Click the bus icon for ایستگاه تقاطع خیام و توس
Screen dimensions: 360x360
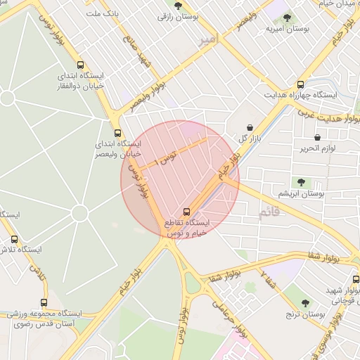pos(186,211)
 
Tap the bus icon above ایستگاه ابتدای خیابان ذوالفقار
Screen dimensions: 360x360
pos(79,64)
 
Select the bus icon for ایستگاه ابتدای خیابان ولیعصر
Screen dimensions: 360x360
pos(117,131)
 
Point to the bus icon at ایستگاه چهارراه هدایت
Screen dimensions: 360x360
pos(301,84)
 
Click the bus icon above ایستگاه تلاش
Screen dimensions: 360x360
pos(15,239)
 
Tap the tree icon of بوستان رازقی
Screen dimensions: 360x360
pos(176,5)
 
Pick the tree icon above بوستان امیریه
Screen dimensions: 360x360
pos(288,18)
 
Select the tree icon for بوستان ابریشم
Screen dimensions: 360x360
pos(302,182)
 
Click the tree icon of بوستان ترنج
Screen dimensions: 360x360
pos(288,304)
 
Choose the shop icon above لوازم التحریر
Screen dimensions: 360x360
pos(318,137)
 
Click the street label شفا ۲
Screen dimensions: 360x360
pos(268,278)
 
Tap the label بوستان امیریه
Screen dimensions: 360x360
pos(288,30)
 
